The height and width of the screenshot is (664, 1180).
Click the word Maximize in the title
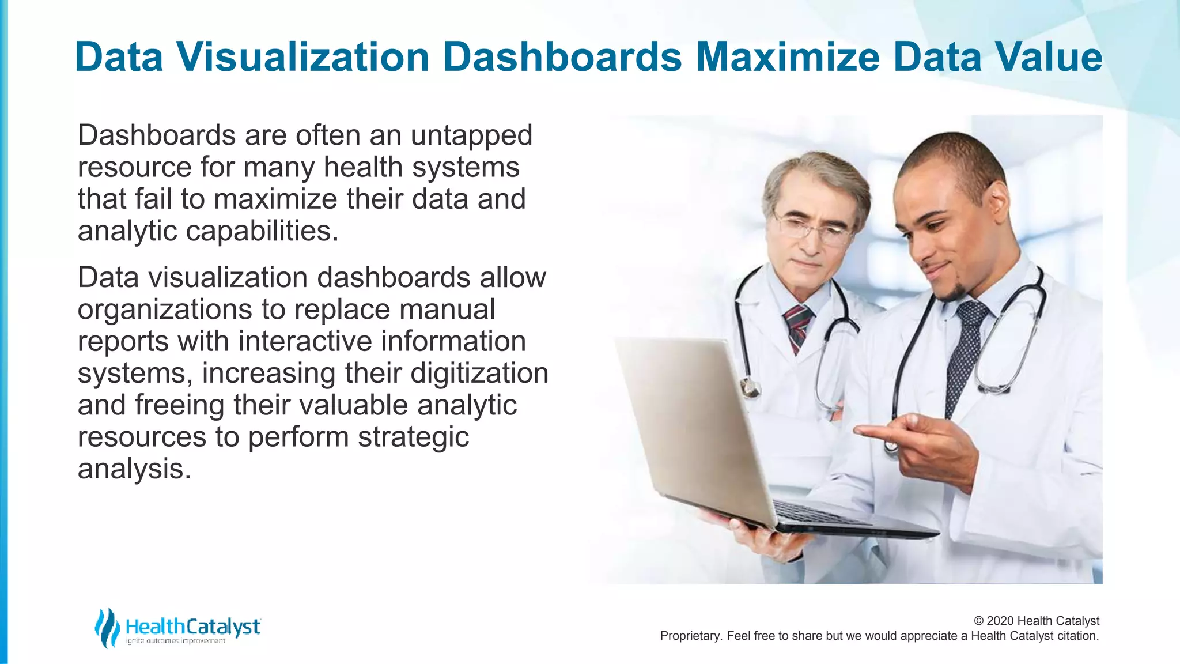pos(788,57)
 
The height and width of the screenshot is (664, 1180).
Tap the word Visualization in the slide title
pos(303,57)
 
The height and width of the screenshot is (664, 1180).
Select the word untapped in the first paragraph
pos(471,135)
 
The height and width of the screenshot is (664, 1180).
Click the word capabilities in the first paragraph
pos(262,231)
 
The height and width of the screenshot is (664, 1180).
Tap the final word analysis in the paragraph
pos(134,469)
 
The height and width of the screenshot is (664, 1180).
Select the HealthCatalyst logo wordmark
pos(193,627)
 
